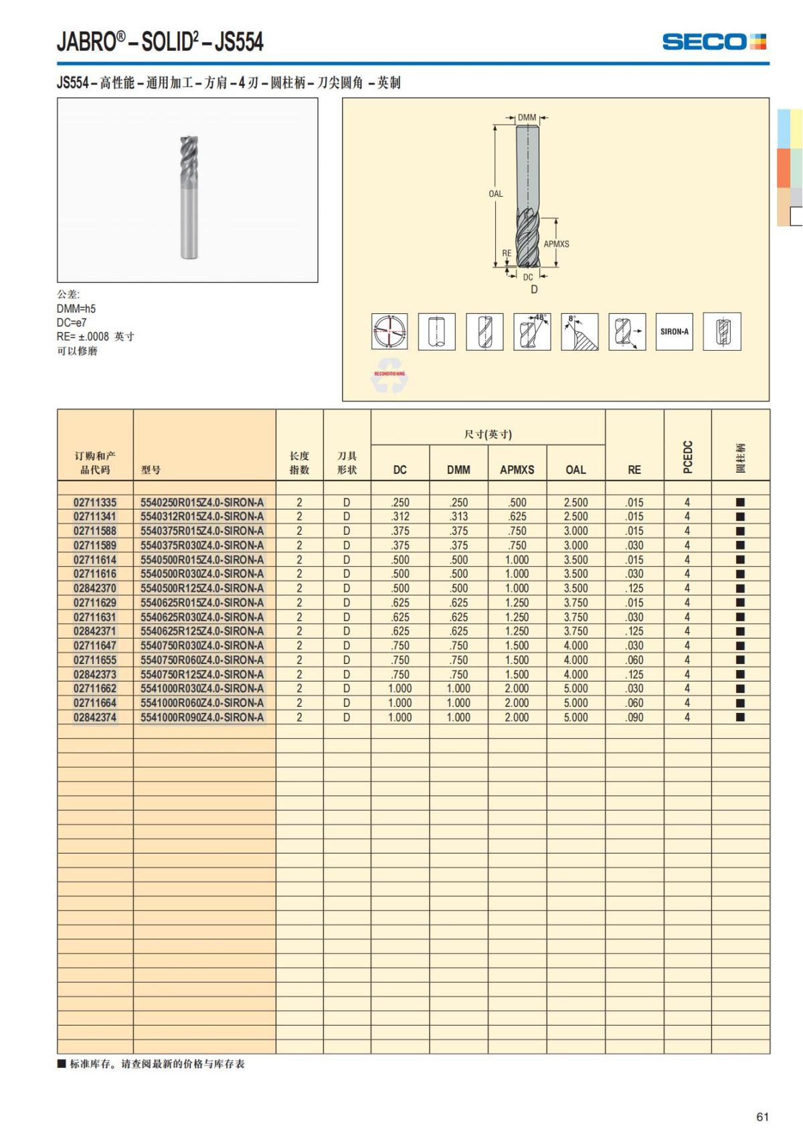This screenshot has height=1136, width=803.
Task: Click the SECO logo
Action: (713, 42)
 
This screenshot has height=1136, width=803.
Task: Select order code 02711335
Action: (95, 502)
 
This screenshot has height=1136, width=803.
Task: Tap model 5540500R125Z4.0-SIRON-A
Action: (202, 588)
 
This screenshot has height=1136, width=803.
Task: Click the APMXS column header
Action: (517, 470)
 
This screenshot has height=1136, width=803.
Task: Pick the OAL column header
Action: (575, 470)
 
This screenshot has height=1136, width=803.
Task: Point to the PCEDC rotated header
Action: (687, 457)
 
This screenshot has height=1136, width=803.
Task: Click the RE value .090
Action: (634, 718)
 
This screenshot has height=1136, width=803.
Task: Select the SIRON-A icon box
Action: (674, 331)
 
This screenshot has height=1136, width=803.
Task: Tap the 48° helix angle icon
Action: (532, 331)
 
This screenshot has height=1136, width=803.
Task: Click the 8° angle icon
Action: (579, 331)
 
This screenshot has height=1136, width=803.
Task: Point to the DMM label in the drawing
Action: (527, 118)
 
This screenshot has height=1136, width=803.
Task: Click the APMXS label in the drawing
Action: (556, 244)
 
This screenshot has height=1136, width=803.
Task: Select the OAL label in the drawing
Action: (495, 194)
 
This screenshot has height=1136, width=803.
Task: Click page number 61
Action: (762, 1117)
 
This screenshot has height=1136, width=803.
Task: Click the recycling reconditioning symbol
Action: (389, 379)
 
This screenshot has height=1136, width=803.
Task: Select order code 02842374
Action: (95, 718)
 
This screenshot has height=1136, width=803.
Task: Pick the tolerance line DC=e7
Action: (72, 323)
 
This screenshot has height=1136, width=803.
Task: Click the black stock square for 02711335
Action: (740, 502)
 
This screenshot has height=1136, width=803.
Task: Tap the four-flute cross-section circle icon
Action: (389, 331)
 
